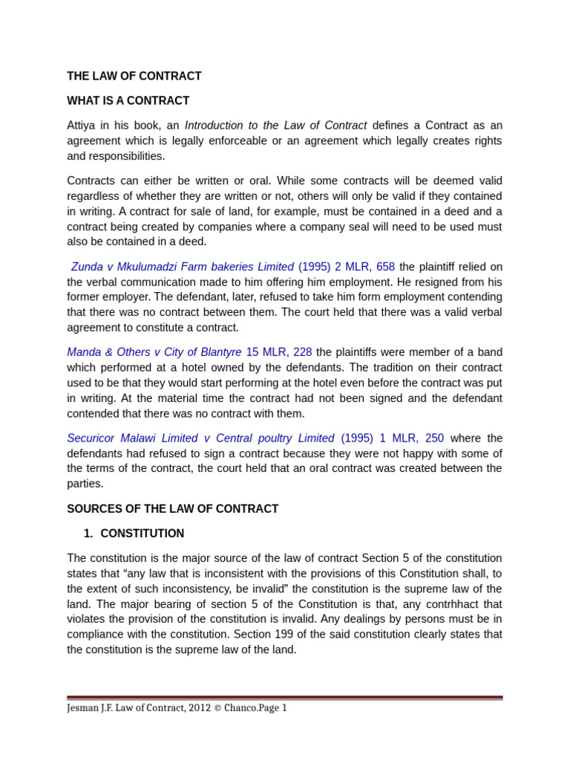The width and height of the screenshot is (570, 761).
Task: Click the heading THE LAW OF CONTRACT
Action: pos(134,76)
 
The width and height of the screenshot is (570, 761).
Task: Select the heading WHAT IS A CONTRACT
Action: pos(128,100)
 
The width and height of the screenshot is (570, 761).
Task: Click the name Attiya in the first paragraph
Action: pos(82,125)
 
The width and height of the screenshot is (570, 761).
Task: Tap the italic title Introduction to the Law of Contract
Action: pos(275,125)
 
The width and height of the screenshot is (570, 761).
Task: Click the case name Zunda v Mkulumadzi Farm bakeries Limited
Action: pos(183,266)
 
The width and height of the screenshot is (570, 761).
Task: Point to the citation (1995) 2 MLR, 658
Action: pos(347,266)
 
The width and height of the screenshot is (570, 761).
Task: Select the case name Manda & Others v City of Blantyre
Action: pos(154,352)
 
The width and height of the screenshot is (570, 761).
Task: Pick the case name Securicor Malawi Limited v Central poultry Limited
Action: pos(200,438)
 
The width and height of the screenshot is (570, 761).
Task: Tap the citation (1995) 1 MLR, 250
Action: pos(392,438)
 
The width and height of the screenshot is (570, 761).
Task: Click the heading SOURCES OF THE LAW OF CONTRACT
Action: pos(172,509)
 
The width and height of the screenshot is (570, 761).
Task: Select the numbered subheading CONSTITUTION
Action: pos(142,534)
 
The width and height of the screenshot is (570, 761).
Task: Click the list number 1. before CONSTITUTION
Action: pos(88,534)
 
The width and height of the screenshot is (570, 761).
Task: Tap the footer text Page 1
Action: pos(271,708)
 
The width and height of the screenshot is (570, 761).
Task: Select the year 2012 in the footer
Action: pos(186,708)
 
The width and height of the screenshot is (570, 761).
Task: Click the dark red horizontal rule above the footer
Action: pos(284,698)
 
